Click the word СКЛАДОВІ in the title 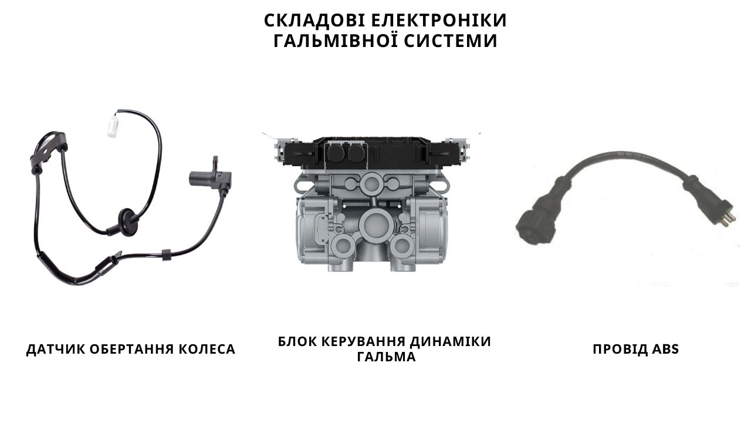click(314, 21)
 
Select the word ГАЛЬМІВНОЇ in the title click(335, 41)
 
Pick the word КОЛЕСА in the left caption click(207, 349)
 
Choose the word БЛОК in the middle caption click(297, 341)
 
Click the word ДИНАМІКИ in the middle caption click(450, 341)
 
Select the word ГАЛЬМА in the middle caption click(386, 357)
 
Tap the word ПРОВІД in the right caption click(620, 349)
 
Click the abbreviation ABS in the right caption click(665, 349)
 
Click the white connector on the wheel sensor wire click(113, 126)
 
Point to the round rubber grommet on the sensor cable click(127, 221)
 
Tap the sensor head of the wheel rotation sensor click(209, 177)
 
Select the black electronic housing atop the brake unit click(372, 153)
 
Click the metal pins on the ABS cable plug click(729, 217)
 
